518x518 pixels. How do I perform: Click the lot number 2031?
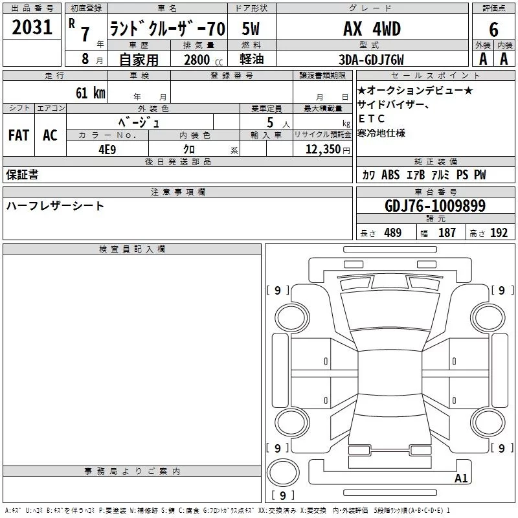pyautogui.click(x=32, y=27)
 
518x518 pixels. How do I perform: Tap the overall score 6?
pyautogui.click(x=493, y=30)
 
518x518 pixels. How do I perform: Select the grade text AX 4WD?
pyautogui.click(x=372, y=28)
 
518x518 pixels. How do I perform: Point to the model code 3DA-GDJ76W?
pyautogui.click(x=371, y=60)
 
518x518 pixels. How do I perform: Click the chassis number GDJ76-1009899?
pyautogui.click(x=435, y=206)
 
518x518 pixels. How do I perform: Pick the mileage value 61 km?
pyautogui.click(x=91, y=93)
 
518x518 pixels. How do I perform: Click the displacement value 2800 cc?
pyautogui.click(x=203, y=60)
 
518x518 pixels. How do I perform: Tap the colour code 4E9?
pyautogui.click(x=107, y=150)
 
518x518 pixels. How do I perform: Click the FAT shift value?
pyautogui.click(x=19, y=135)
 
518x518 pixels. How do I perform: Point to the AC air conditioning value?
pyautogui.click(x=50, y=135)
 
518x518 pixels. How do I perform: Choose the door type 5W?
pyautogui.click(x=251, y=28)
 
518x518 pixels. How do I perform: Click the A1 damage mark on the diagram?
pyautogui.click(x=461, y=478)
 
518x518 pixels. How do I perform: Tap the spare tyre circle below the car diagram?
pyautogui.click(x=283, y=472)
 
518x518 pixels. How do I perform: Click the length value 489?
pyautogui.click(x=393, y=233)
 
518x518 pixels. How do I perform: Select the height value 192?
pyautogui.click(x=499, y=233)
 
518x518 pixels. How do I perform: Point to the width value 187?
pyautogui.click(x=447, y=233)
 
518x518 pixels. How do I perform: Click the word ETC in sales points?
pyautogui.click(x=371, y=118)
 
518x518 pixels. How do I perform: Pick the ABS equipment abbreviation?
pyautogui.click(x=390, y=175)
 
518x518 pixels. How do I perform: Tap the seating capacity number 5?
pyautogui.click(x=270, y=123)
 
